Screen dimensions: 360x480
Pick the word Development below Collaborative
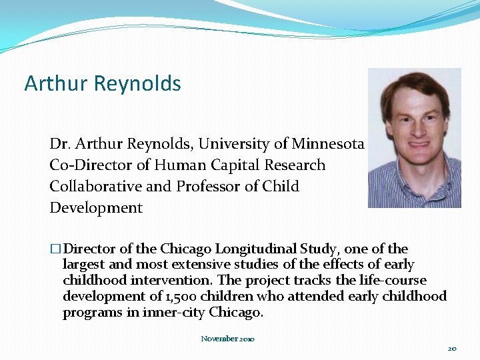coord(96,208)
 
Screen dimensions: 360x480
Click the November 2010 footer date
coord(227,339)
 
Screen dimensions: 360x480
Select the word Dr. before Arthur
coord(60,144)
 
